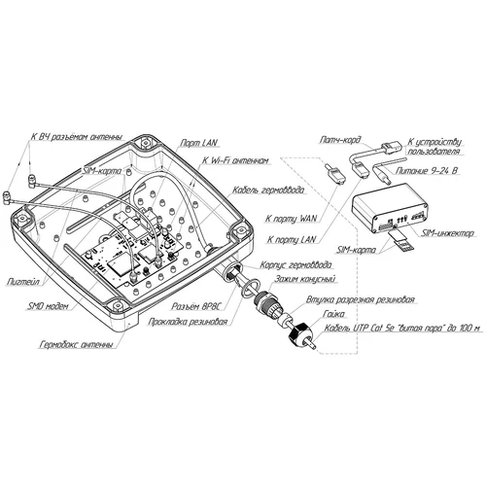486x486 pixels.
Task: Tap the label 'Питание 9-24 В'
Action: [427, 169]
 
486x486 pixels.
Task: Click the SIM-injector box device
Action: [389, 207]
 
